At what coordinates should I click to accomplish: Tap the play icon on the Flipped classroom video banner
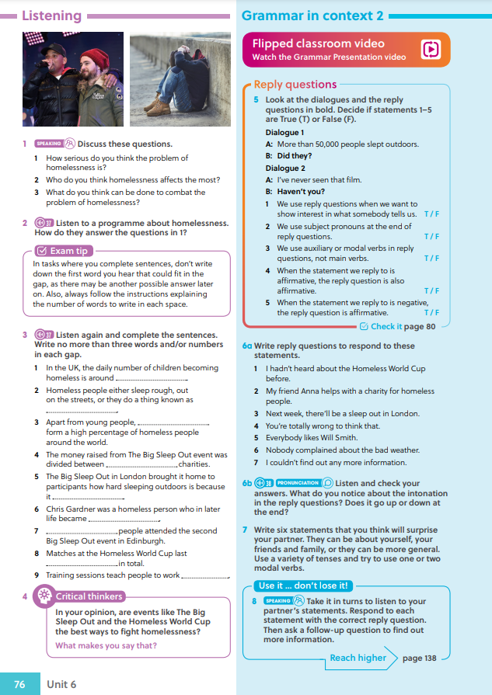431,50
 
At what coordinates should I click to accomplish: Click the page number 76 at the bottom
19,684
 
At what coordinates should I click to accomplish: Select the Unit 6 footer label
61,684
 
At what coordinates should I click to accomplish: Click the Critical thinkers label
89,596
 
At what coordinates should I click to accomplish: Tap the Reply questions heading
295,85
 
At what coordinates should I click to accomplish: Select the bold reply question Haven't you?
301,191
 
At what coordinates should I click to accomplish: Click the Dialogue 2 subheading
285,168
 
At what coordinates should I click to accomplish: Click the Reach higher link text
358,658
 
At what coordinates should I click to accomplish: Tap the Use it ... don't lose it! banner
303,586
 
